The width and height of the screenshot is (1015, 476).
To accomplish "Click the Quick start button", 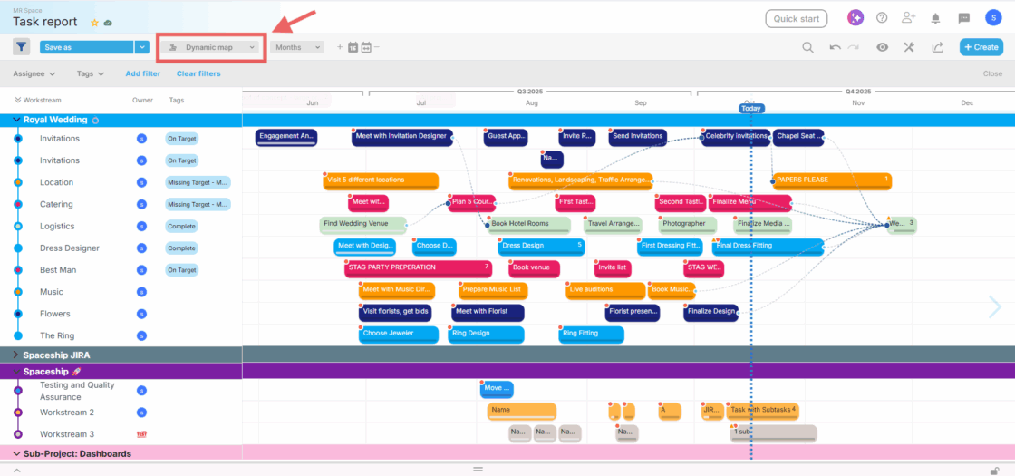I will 796,18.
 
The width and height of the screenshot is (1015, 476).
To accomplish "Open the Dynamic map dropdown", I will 212,47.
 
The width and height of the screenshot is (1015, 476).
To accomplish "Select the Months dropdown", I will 296,47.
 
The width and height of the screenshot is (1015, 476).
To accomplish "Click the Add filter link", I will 143,73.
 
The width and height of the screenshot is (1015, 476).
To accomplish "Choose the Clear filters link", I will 198,73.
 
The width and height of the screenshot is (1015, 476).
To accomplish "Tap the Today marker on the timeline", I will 751,108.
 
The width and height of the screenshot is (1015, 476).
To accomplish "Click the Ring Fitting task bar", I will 591,334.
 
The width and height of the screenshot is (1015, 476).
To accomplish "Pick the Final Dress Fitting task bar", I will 767,246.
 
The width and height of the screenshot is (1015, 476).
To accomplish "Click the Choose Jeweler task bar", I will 396,334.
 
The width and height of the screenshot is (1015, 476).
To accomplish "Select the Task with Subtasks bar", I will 762,410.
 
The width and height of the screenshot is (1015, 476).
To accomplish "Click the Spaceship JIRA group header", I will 56,355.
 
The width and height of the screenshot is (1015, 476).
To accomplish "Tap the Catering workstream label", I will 56,204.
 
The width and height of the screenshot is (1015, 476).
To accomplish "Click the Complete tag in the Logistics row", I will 181,226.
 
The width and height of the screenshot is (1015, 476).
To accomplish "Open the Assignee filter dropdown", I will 34,73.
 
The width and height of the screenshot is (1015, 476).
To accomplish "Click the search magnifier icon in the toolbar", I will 807,47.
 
